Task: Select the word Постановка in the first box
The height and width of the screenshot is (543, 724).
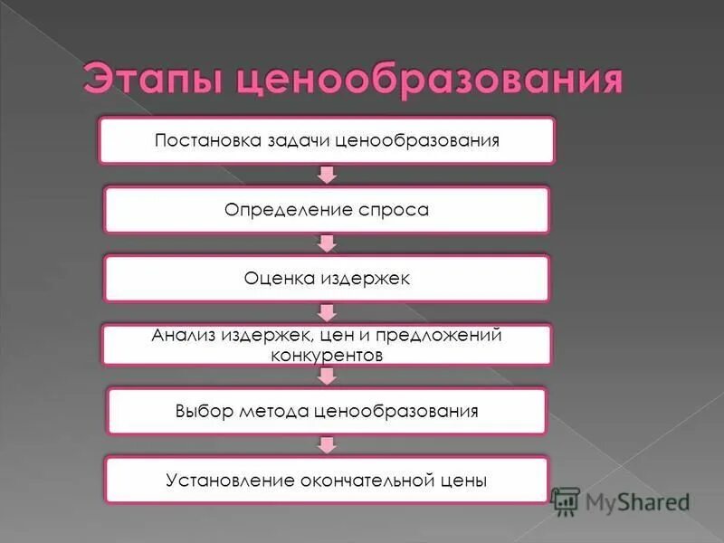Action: coord(206,141)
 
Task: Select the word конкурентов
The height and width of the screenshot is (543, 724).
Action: coord(327,356)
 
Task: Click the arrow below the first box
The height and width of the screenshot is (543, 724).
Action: coord(328,174)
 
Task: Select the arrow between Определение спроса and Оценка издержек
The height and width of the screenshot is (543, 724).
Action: coord(328,243)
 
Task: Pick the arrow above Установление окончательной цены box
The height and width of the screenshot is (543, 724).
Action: coord(328,444)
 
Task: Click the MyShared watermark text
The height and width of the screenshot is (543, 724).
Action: coord(637,501)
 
